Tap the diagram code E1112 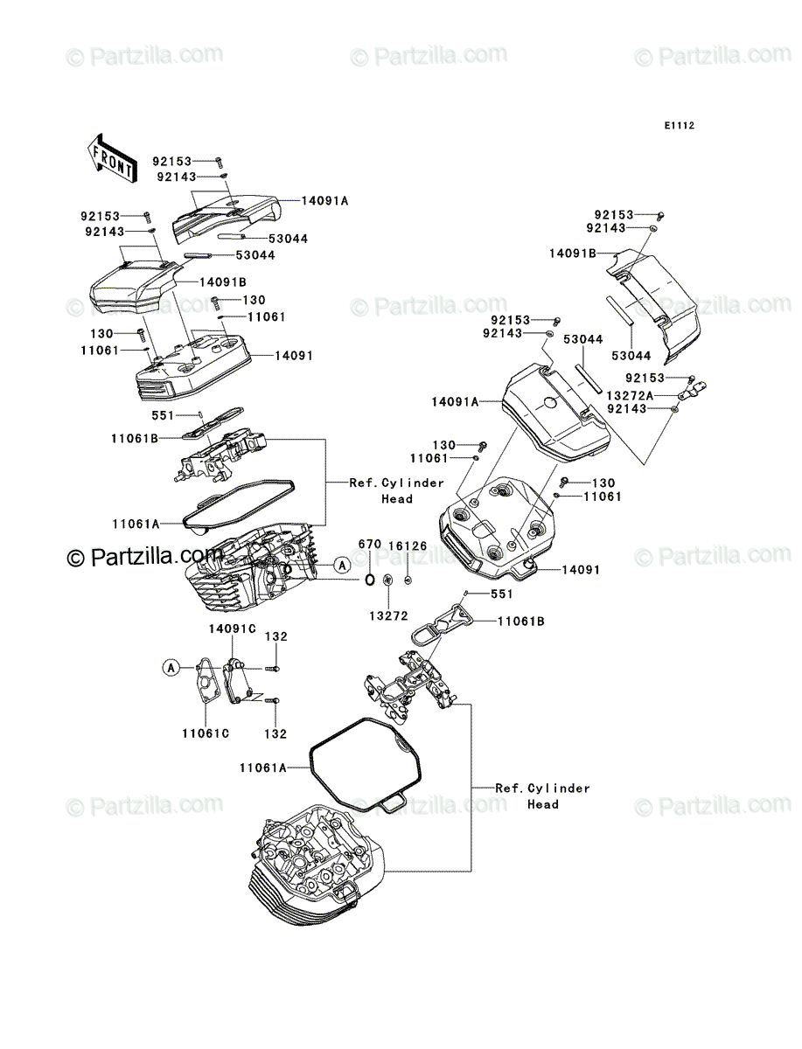coord(679,126)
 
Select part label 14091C coord(233,629)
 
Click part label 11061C coord(206,733)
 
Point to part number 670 coord(370,545)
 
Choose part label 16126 coord(408,545)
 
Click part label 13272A coord(630,396)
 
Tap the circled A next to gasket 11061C coord(171,668)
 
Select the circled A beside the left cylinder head coord(342,566)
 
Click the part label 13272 coord(388,616)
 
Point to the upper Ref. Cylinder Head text coord(397,490)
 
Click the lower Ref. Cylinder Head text coord(542,796)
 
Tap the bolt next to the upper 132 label coord(274,668)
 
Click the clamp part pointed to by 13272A coord(693,390)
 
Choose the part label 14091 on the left coord(294,356)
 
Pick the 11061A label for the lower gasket coord(263,768)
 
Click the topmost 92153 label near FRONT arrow coord(172,161)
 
